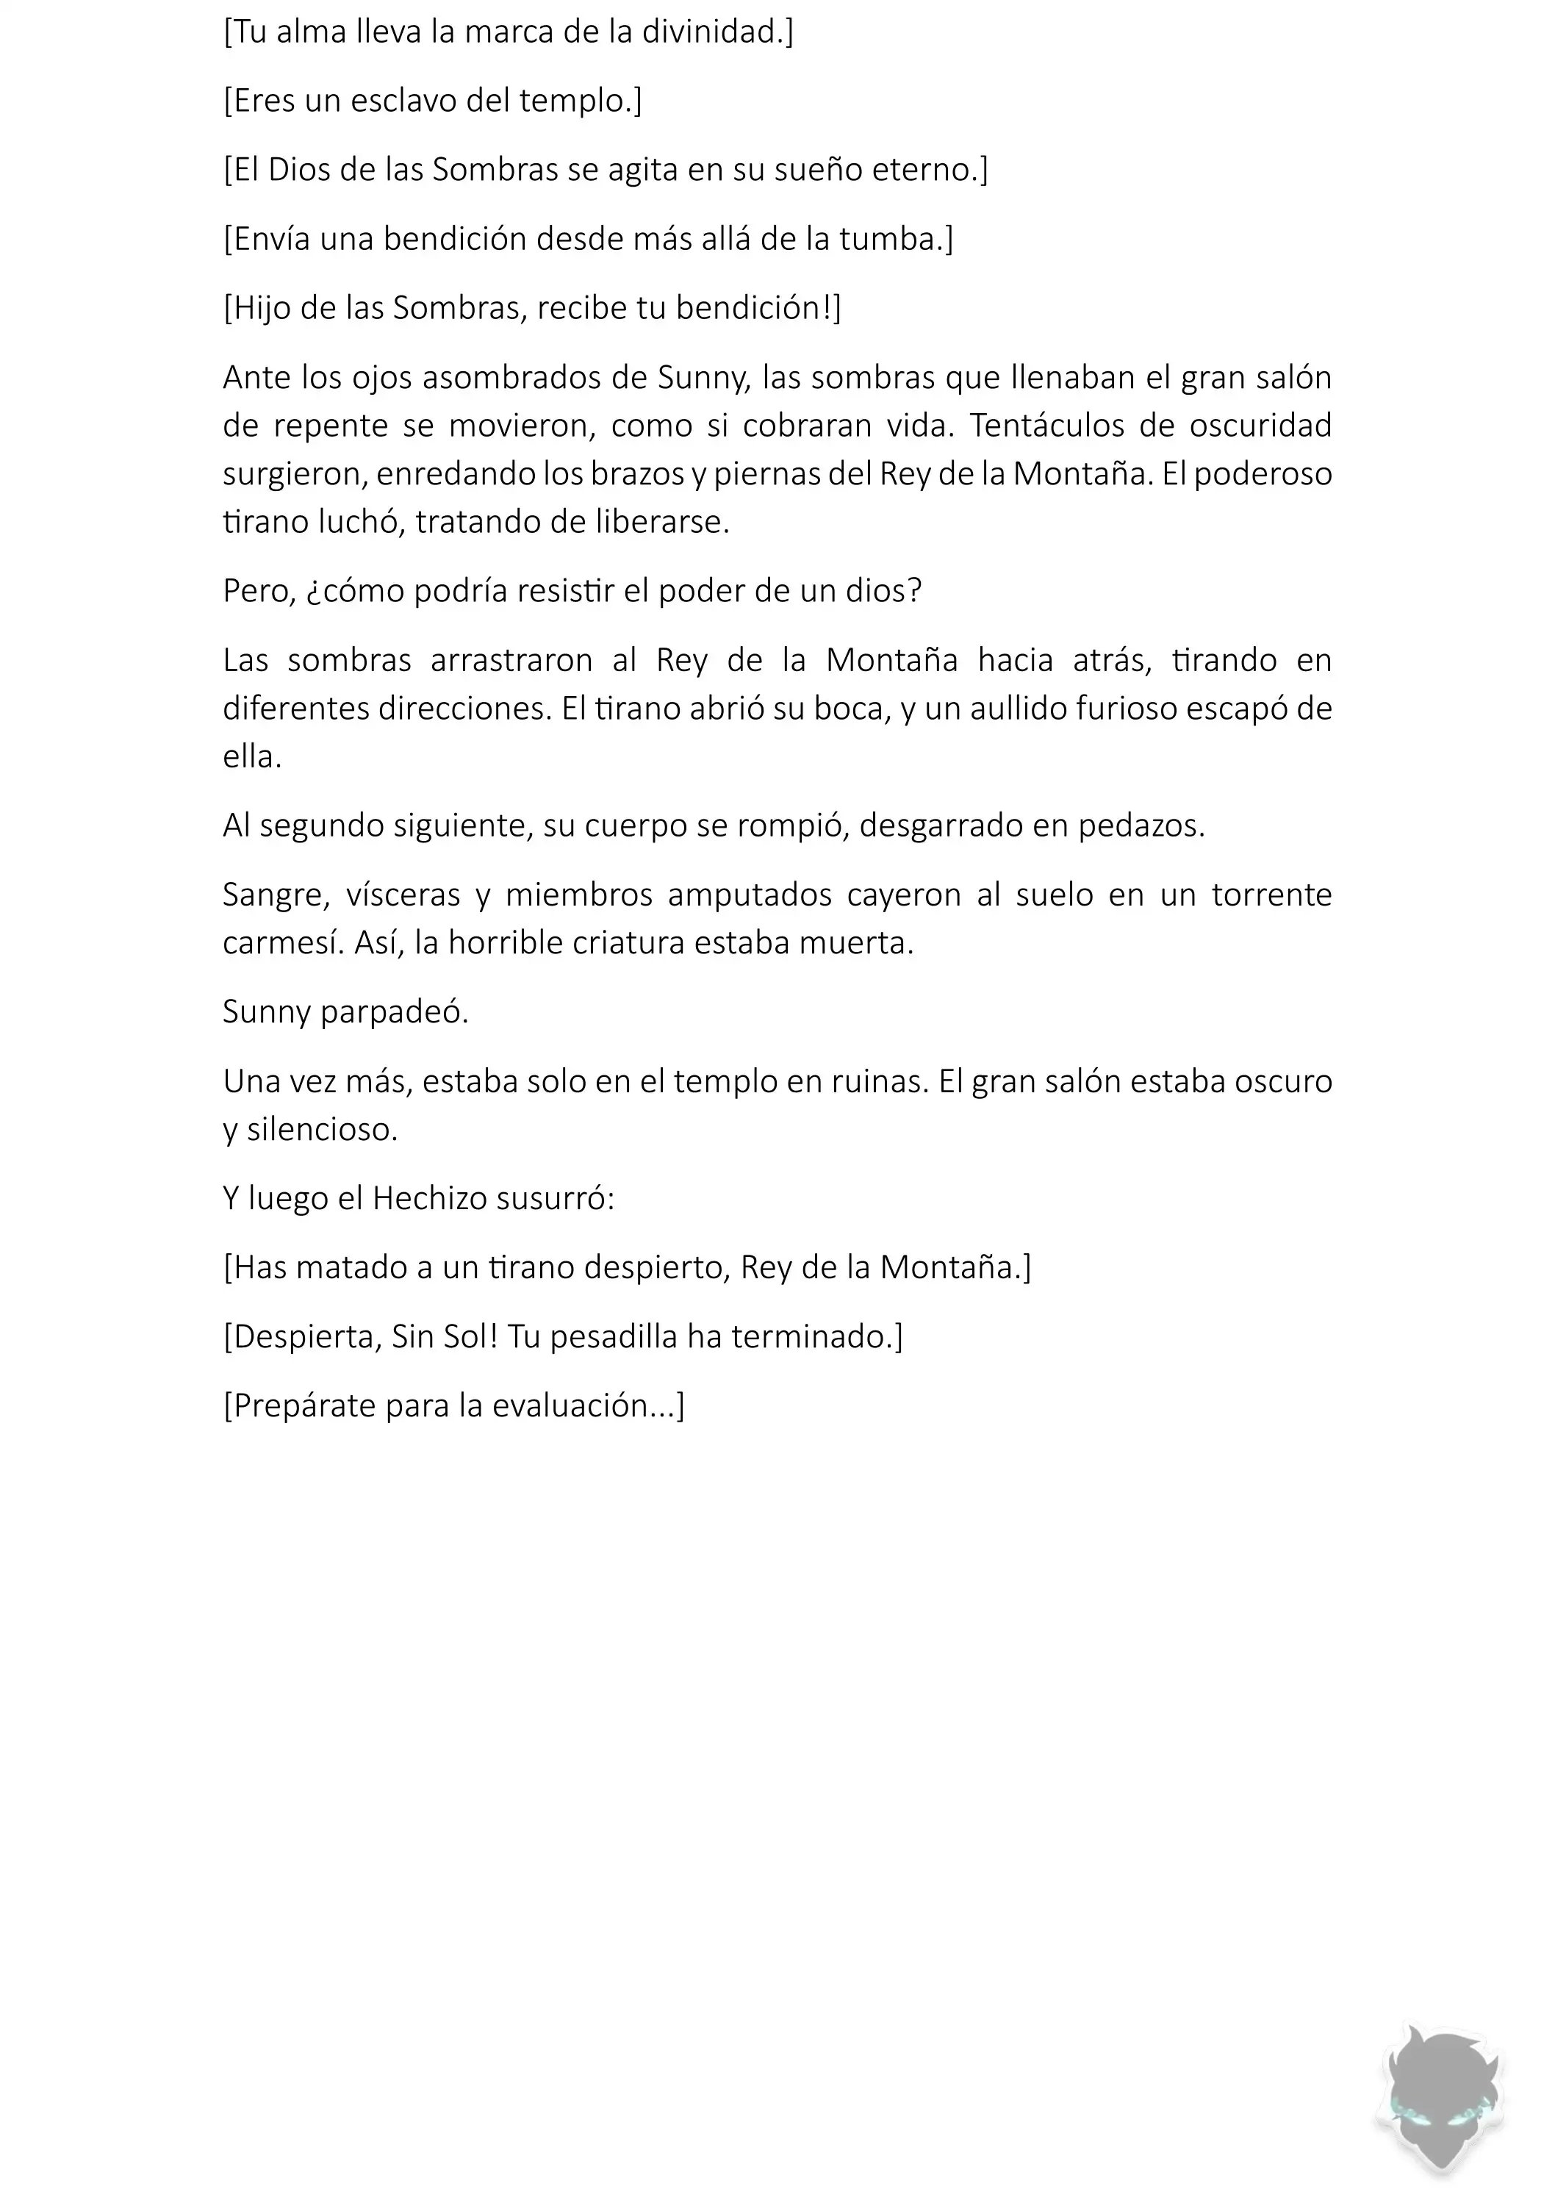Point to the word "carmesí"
[x=283, y=944]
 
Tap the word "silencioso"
[x=321, y=1131]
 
